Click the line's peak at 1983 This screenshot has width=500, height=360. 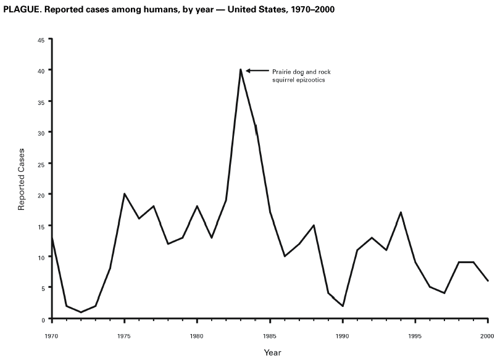click(240, 70)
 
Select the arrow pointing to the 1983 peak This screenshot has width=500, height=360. click(257, 70)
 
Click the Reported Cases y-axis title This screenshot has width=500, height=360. click(22, 179)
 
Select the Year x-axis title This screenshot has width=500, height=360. click(272, 353)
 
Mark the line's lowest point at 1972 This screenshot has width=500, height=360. click(81, 312)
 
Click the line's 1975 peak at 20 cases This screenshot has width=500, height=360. click(125, 194)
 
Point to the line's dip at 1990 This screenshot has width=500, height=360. click(343, 306)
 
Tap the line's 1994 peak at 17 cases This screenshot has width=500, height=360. click(401, 212)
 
